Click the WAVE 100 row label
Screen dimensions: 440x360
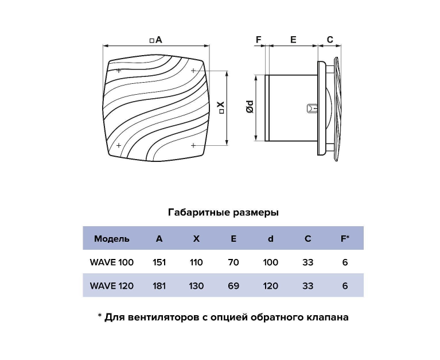112,262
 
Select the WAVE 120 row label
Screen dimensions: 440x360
112,286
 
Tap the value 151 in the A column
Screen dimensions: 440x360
159,262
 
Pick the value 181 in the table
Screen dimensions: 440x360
159,286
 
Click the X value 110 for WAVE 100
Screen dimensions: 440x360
196,262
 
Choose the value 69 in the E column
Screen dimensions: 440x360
233,286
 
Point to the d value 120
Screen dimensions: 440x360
271,286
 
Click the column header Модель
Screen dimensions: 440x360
112,239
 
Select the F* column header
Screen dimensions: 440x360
345,238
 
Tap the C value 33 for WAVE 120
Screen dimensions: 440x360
308,286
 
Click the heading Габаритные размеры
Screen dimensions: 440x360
223,212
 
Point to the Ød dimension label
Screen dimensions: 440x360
250,107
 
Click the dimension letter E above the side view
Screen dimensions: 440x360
293,40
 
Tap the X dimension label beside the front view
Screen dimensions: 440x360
221,107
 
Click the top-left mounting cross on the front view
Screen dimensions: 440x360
119,71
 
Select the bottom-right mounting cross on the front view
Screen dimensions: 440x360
193,145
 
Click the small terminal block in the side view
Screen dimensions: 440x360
312,108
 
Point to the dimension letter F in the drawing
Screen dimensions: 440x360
259,40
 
